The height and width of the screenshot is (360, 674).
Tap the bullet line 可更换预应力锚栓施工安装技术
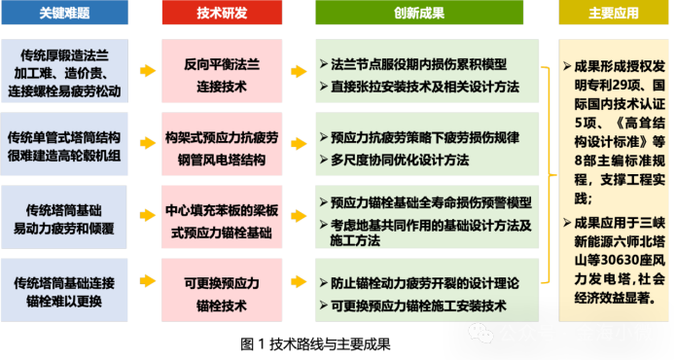[x=419, y=306]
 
